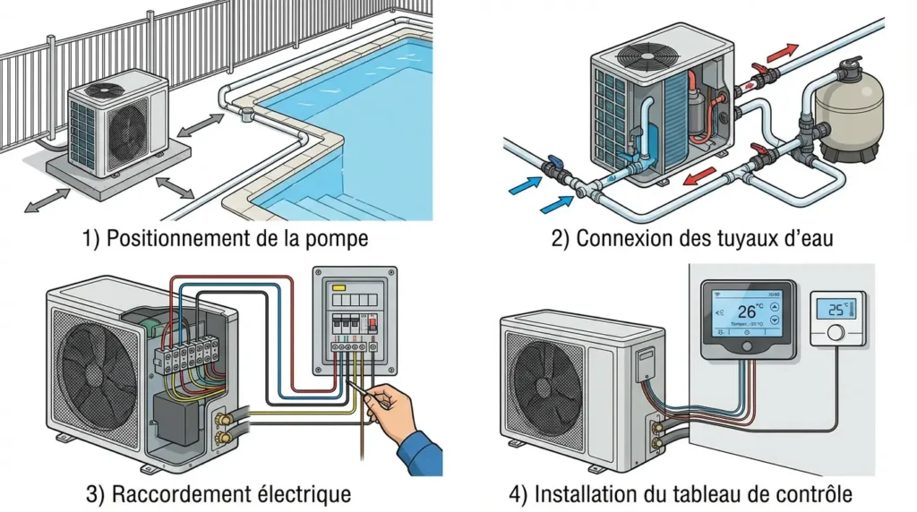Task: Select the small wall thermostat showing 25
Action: pos(837,319)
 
